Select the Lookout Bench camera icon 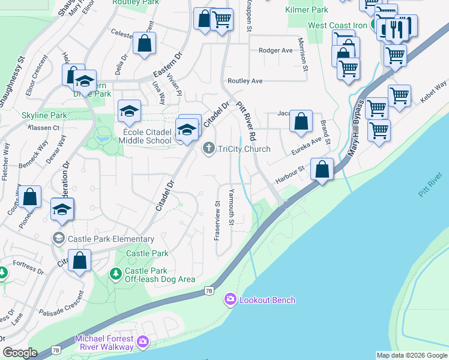point(230,299)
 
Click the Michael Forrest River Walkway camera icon point(142,341)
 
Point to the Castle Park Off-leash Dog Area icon point(115,274)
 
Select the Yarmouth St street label point(232,207)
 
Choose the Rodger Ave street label point(276,51)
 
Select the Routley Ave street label point(245,80)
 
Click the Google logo point(20,353)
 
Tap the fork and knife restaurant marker point(397,29)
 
